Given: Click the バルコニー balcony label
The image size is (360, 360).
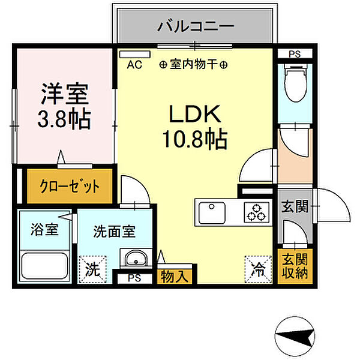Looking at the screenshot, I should click(x=195, y=26).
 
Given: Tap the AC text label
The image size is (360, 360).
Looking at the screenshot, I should click(x=134, y=65).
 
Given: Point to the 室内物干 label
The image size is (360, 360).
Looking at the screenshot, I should click(x=193, y=65).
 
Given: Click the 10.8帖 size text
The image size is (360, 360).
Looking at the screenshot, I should click(x=193, y=140).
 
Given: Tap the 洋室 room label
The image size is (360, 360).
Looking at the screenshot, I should click(x=65, y=94).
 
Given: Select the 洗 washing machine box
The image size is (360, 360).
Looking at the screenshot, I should click(x=91, y=268).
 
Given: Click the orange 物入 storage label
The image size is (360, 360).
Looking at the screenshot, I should click(x=174, y=277).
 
